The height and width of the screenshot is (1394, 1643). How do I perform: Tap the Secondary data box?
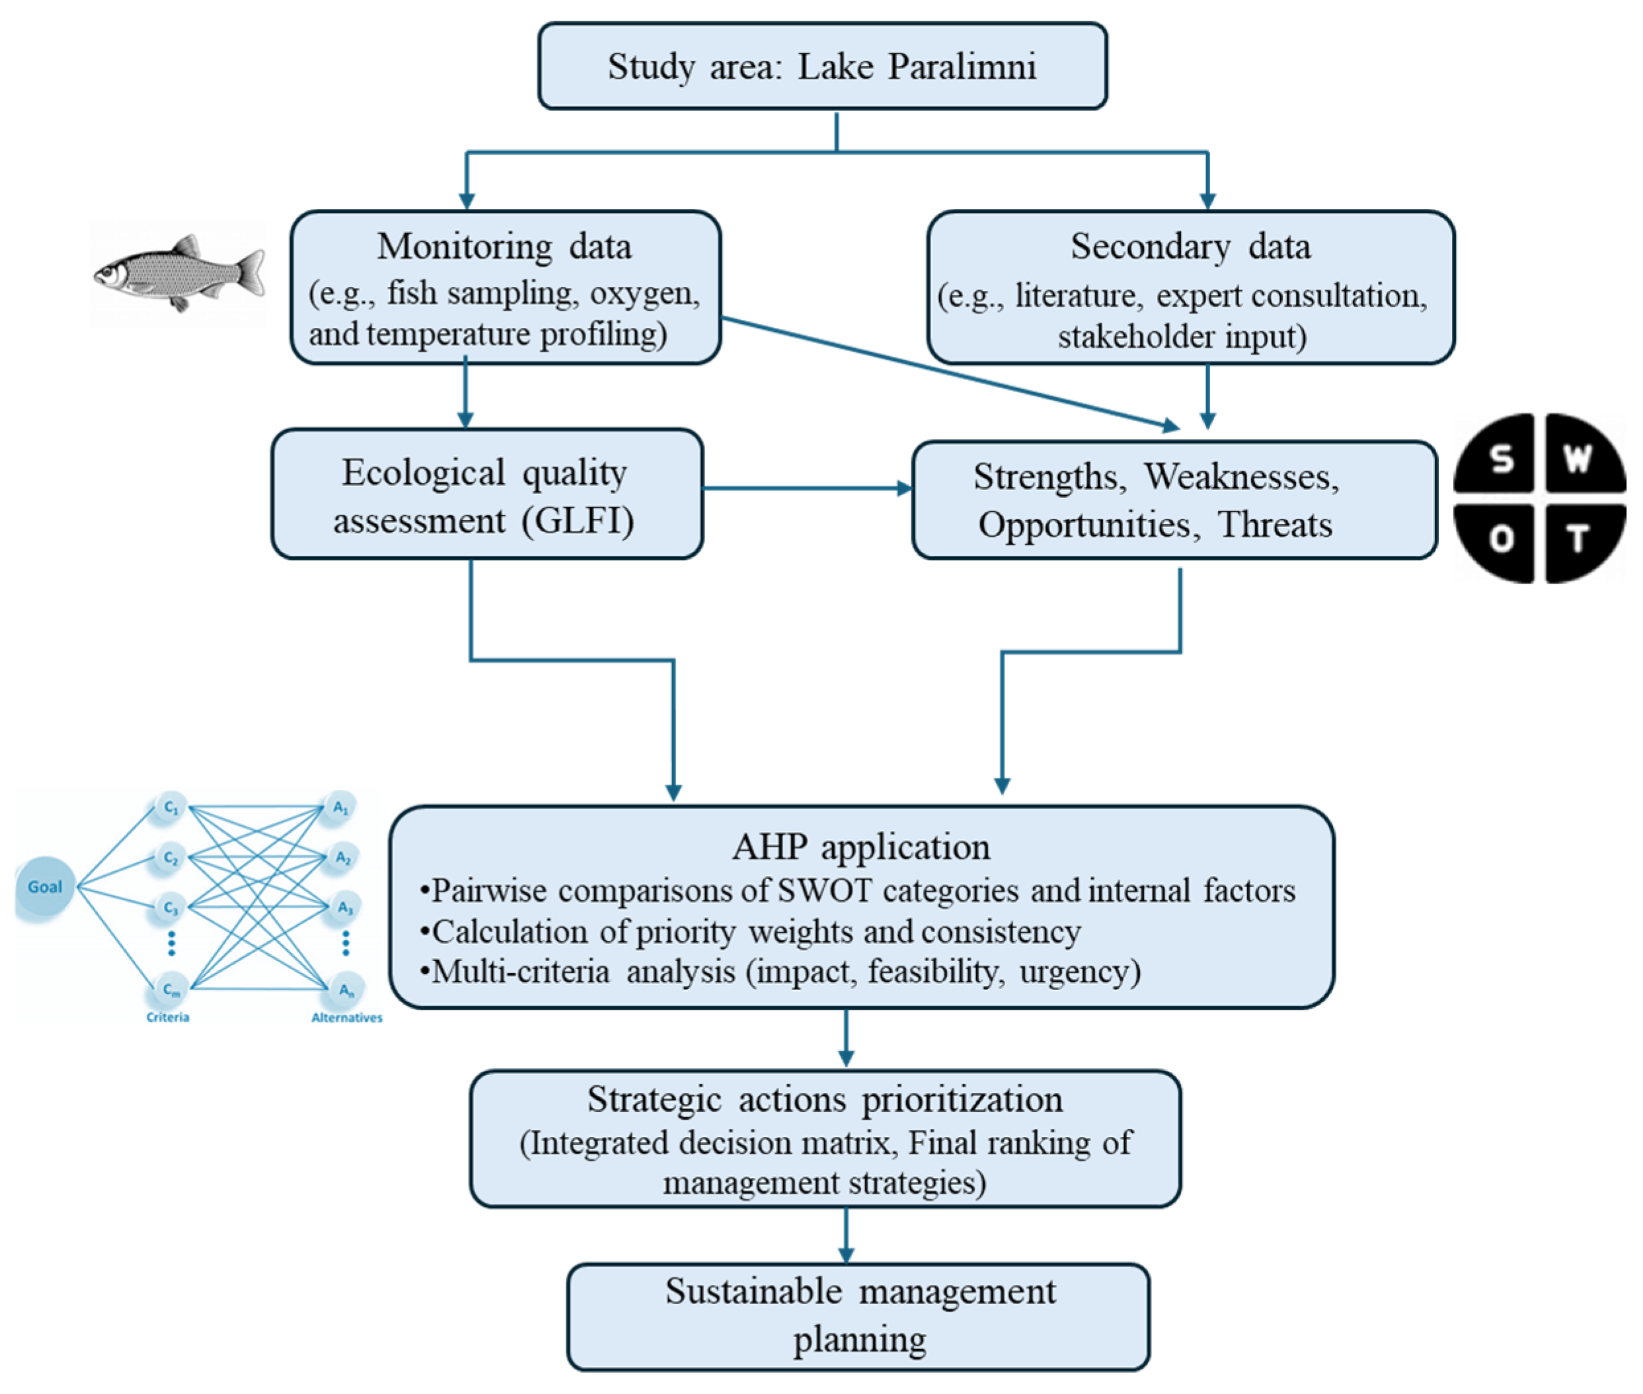(x=1190, y=287)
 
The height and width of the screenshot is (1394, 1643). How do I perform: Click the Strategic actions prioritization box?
(x=824, y=1138)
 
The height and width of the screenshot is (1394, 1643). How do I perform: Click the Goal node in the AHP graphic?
(x=44, y=886)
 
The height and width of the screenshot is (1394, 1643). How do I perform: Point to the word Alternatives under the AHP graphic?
(x=346, y=1017)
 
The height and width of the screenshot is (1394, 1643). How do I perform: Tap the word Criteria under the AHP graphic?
(x=168, y=1017)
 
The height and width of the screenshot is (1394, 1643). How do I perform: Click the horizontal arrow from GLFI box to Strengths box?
(x=806, y=488)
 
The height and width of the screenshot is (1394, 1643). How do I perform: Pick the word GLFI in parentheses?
(x=578, y=521)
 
